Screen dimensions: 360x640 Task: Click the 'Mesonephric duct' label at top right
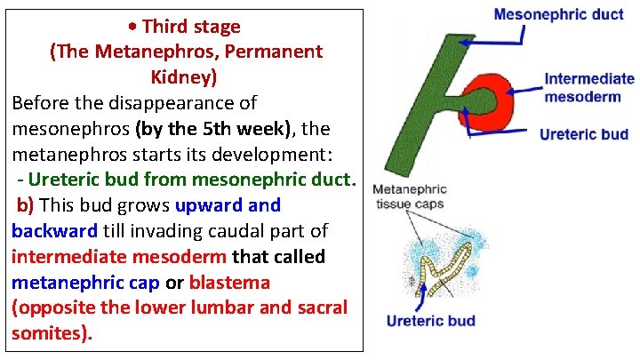(x=558, y=15)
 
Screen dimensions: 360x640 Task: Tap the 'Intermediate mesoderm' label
(x=589, y=87)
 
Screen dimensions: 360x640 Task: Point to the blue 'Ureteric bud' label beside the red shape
(x=584, y=134)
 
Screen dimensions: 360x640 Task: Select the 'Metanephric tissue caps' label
(x=409, y=196)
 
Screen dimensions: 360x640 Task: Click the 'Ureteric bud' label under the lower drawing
(x=430, y=321)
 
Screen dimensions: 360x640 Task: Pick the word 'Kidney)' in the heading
(x=186, y=76)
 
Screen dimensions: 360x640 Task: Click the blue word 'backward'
(x=55, y=231)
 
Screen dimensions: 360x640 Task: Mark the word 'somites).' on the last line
(x=52, y=334)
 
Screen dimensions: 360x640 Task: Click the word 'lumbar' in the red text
(x=210, y=308)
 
